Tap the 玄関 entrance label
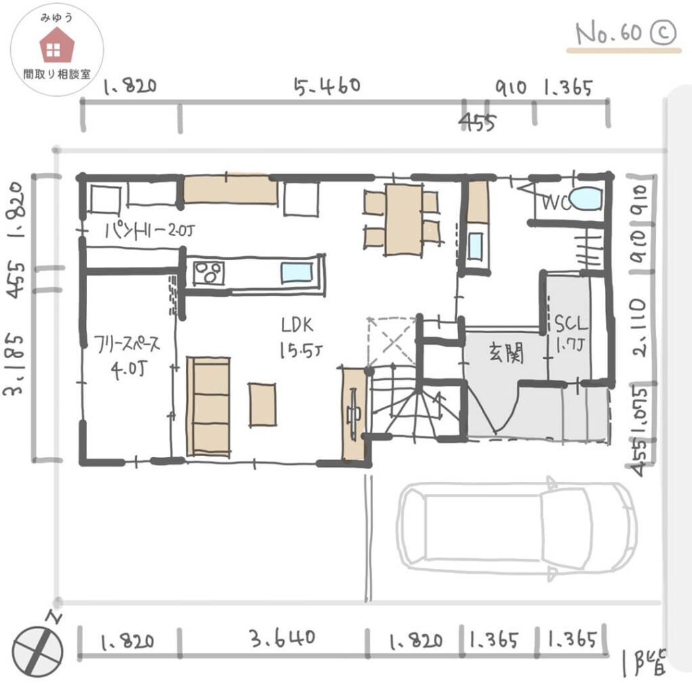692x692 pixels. tap(506, 353)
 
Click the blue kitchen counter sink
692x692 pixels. tap(297, 273)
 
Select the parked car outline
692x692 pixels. tap(517, 528)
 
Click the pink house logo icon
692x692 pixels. tap(57, 45)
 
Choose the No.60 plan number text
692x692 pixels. tap(608, 34)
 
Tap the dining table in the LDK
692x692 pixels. tap(403, 220)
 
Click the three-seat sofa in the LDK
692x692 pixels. tap(209, 406)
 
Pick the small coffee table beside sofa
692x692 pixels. tap(262, 404)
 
